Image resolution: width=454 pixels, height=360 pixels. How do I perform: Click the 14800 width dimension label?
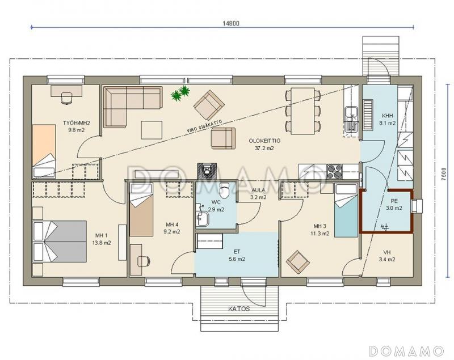[231, 23]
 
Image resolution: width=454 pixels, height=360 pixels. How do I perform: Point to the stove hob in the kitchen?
[334, 171]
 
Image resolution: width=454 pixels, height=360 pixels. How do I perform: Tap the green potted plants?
[180, 94]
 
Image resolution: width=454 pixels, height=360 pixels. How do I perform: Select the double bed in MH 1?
[60, 242]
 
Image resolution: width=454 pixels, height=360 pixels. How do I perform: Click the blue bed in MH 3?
[346, 210]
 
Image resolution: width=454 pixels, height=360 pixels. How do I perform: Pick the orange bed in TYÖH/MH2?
[44, 151]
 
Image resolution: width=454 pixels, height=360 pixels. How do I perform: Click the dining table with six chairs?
[303, 111]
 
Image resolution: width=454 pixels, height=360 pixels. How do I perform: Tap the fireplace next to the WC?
[207, 171]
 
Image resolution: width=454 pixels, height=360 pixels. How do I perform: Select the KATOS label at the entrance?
[239, 308]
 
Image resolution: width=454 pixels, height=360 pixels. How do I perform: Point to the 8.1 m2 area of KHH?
[388, 123]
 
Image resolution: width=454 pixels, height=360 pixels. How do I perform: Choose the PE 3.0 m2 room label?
[394, 205]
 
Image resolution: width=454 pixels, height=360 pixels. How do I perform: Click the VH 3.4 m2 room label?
[387, 256]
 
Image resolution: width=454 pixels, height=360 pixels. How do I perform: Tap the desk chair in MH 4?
[144, 261]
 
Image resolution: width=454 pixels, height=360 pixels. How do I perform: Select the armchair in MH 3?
[297, 262]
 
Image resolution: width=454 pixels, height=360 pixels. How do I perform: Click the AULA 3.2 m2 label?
[258, 194]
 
